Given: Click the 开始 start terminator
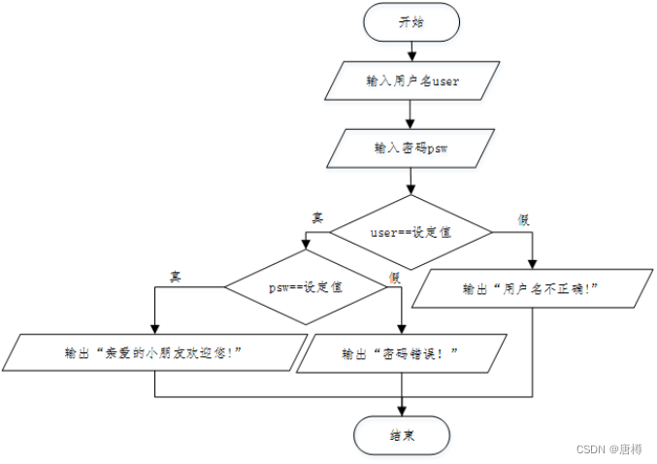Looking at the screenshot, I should [411, 23].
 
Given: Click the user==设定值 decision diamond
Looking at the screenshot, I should [411, 232].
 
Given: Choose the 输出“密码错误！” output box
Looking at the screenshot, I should [400, 355].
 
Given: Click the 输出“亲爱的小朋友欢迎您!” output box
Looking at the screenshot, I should [156, 353].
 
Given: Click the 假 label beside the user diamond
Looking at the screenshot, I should [524, 218].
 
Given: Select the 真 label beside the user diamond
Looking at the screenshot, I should [316, 217].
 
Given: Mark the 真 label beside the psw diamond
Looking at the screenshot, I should [176, 276].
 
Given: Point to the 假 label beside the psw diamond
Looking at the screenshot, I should [395, 278].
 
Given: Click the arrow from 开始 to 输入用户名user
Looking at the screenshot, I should [411, 52].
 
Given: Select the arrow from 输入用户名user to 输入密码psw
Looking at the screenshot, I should [411, 116].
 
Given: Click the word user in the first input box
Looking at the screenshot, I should [445, 83].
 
